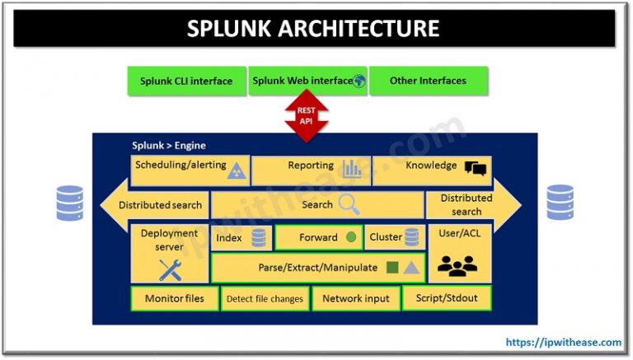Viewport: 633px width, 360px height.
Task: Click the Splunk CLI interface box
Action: click(x=186, y=81)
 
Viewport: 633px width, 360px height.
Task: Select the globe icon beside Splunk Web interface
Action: click(x=359, y=81)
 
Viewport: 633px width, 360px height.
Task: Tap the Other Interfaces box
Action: click(x=428, y=81)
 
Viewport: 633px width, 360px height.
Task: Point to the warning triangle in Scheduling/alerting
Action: click(x=236, y=170)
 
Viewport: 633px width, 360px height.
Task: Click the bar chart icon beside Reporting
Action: click(x=352, y=169)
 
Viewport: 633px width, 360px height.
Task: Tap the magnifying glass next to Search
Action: click(x=349, y=204)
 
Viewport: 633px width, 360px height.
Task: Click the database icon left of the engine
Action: click(x=70, y=203)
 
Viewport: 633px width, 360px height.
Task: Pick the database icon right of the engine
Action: click(x=560, y=203)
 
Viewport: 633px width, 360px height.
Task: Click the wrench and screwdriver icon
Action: click(x=171, y=269)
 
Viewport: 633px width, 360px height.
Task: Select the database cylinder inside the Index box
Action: click(x=259, y=238)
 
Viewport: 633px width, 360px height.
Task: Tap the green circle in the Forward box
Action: click(x=351, y=237)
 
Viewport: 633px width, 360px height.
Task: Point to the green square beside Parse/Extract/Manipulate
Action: click(x=392, y=268)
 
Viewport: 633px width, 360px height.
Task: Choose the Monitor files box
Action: click(x=174, y=298)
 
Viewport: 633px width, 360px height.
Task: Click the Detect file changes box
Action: click(x=265, y=298)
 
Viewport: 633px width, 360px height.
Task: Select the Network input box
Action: click(x=355, y=298)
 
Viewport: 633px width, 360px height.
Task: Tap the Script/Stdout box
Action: click(x=446, y=298)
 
